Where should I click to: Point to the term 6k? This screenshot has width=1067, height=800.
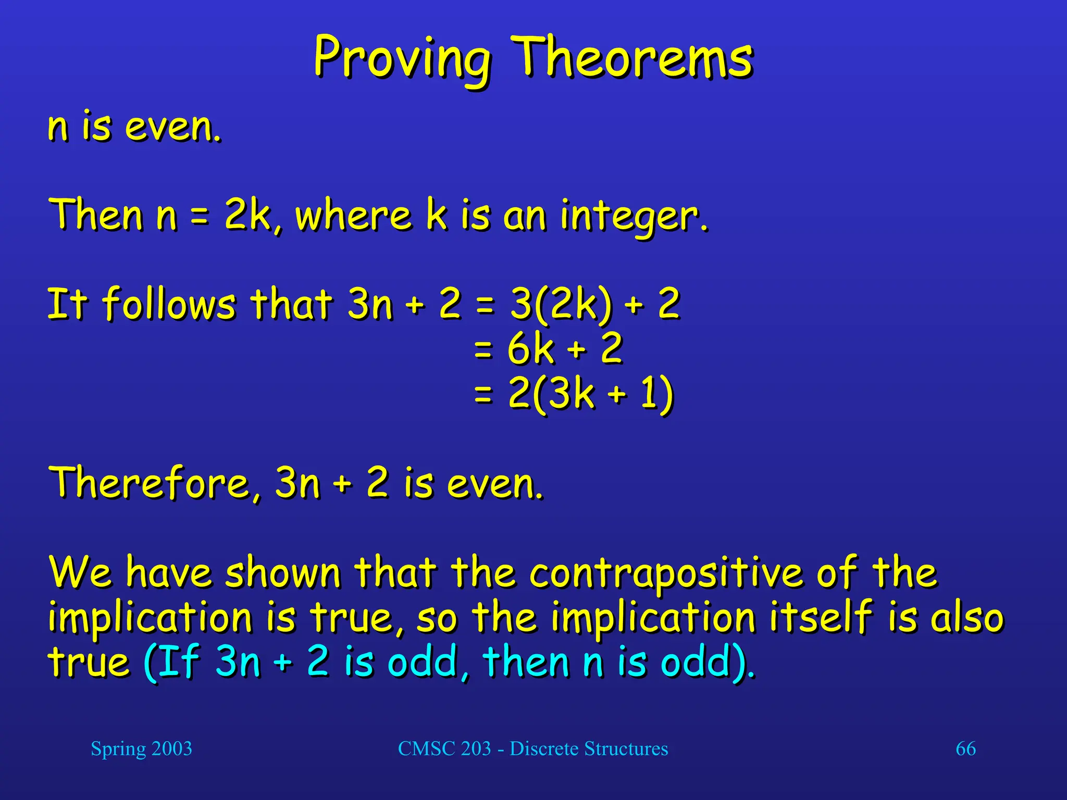coord(530,348)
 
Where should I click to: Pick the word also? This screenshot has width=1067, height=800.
coord(967,618)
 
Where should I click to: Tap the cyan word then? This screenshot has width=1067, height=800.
coord(526,661)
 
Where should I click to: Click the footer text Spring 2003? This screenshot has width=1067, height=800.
coord(141,749)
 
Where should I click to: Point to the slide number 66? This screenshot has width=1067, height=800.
coord(965,749)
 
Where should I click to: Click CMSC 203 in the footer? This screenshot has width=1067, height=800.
coord(444,749)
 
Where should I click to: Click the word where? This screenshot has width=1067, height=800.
coord(353,215)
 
